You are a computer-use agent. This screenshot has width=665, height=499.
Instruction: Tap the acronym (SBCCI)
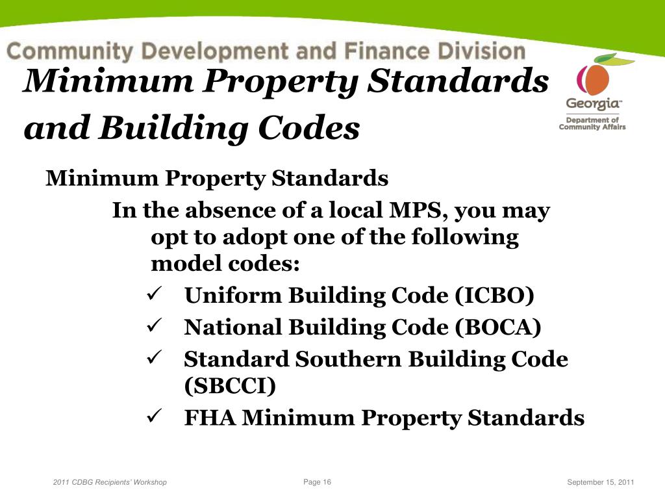(x=230, y=386)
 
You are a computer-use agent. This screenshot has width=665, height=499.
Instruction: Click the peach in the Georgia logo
(x=593, y=80)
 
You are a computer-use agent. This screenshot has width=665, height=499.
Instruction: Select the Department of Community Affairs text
(x=592, y=123)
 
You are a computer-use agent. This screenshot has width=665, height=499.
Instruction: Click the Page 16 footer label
(x=317, y=481)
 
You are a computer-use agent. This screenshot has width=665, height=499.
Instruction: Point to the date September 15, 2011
(x=600, y=482)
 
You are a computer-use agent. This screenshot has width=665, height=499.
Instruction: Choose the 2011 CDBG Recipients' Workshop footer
(x=110, y=482)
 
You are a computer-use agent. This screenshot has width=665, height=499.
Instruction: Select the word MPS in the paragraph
(x=416, y=211)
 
